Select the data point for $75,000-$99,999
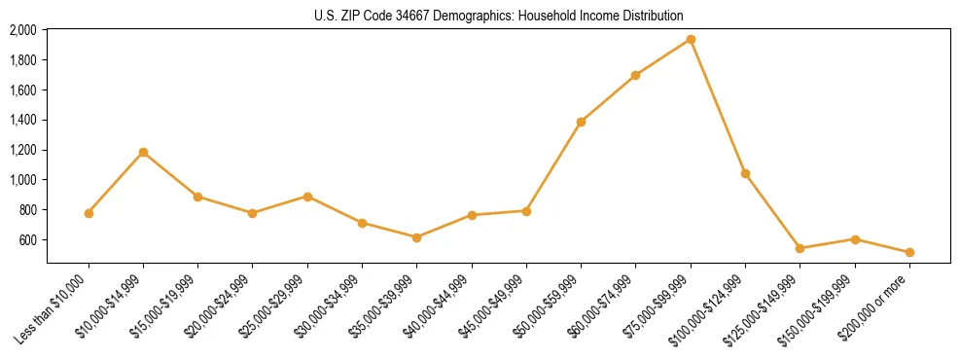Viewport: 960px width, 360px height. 691,40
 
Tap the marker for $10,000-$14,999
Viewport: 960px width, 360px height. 143,152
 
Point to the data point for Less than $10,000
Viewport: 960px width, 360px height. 89,213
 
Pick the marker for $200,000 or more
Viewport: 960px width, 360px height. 909,252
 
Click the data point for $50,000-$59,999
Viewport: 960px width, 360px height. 581,122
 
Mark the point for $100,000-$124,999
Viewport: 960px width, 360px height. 745,173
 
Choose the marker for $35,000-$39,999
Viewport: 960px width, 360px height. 416,237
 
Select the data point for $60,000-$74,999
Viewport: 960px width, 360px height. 635,75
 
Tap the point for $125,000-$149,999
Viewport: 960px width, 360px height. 800,248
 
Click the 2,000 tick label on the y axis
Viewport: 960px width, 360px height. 22,30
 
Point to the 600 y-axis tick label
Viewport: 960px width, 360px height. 27,240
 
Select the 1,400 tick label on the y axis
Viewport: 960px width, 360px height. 22,121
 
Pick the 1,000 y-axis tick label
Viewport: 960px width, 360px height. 22,180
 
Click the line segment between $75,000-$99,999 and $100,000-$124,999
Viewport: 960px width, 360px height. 718,107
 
